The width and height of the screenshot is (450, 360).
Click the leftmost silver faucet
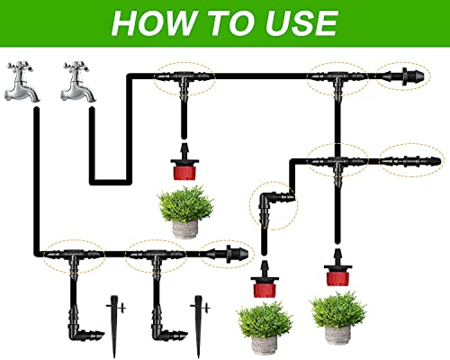[22, 82]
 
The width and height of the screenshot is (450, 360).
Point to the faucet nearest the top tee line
[78, 82]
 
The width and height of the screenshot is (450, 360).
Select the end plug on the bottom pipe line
[228, 254]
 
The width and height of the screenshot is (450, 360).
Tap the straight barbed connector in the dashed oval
[410, 161]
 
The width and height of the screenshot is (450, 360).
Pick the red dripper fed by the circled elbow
[264, 280]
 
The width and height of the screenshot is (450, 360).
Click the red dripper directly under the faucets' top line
[184, 163]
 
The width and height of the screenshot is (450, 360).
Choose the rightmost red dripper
[337, 268]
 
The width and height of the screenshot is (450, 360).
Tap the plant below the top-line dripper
[185, 211]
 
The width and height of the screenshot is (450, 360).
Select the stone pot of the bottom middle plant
[264, 345]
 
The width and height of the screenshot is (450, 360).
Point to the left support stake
[114, 327]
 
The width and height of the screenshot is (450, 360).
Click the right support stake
[199, 327]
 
